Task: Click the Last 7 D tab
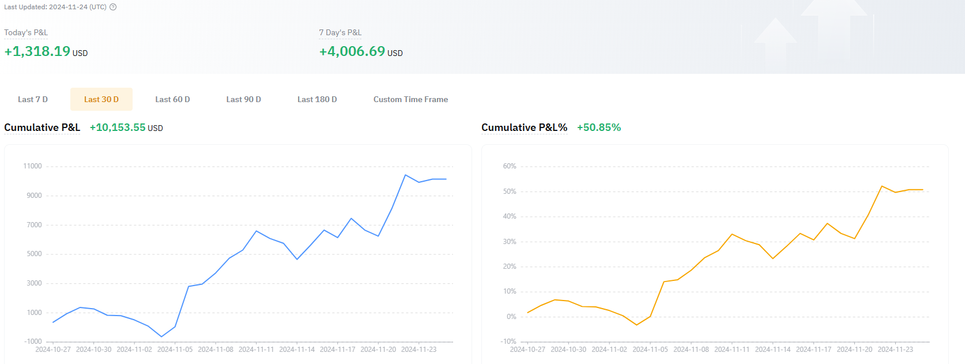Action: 33,99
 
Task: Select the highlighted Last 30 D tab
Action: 101,99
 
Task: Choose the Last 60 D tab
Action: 172,99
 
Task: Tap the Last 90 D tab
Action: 243,99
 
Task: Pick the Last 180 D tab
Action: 317,99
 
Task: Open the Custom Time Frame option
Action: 410,99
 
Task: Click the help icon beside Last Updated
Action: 113,7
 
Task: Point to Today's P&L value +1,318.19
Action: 37,51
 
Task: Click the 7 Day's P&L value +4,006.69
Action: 352,51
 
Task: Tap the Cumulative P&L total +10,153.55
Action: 118,127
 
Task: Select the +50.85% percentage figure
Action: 599,127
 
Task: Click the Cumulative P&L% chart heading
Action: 524,127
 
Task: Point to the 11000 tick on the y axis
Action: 32,166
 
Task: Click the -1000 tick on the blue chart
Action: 33,342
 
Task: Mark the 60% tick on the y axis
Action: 510,166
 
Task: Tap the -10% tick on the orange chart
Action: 508,342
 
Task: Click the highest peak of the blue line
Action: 406,175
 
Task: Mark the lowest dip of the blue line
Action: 161,336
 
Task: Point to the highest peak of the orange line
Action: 882,186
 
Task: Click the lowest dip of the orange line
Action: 636,325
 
